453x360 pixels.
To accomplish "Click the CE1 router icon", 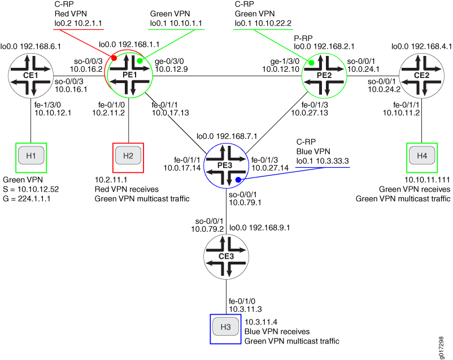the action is [x=31, y=76].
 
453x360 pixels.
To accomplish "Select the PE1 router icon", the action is [x=130, y=76].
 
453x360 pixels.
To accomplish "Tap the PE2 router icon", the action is [x=324, y=76].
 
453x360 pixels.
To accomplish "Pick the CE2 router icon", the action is [x=421, y=76].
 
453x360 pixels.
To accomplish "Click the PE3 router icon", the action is [x=226, y=166].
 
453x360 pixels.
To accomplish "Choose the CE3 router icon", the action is [x=226, y=257].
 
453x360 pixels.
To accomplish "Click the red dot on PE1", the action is [x=114, y=58].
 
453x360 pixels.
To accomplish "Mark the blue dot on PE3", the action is [x=238, y=180].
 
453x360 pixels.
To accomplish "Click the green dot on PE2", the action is [x=311, y=63].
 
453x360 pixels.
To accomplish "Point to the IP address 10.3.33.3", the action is [x=332, y=161].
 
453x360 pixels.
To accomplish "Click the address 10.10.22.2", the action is [x=273, y=23].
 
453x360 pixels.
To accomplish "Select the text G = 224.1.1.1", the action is [x=27, y=199].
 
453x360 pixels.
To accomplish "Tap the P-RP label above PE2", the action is [x=303, y=38].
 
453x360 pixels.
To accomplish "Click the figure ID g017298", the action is [x=441, y=348].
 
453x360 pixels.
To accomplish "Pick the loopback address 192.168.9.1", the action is [x=269, y=228].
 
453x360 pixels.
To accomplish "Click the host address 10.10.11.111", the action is [x=427, y=180].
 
